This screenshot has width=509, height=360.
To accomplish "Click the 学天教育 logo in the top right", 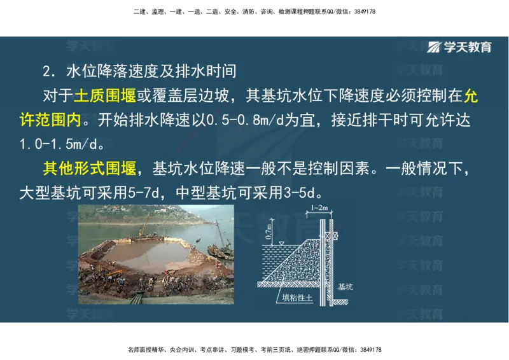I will tap(459, 46).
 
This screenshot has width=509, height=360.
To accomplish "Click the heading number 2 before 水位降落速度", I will tap(46, 70).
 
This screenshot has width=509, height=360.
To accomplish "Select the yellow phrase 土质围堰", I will tap(106, 96).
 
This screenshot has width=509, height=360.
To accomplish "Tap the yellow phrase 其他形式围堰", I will tap(90, 169).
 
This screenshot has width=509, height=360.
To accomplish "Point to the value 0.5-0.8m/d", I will tap(239, 120).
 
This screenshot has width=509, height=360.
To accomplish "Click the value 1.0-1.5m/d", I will tap(57, 144).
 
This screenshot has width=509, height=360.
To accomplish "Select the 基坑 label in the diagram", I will tap(345, 287).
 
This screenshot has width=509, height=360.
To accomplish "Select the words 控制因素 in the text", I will tap(340, 169).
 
